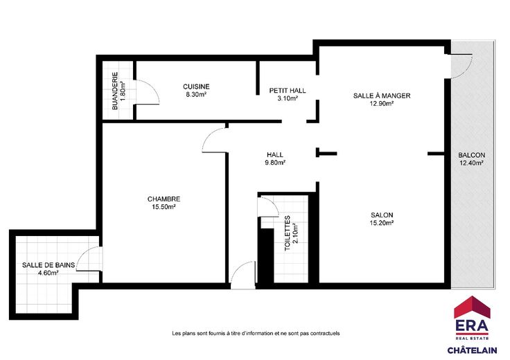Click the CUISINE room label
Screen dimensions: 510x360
pyautogui.click(x=196, y=87)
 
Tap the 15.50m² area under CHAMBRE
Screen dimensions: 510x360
pyautogui.click(x=164, y=206)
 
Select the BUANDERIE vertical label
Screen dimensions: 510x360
pyautogui.click(x=115, y=91)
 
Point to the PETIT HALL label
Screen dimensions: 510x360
pyautogui.click(x=288, y=90)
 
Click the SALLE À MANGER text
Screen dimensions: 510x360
pyautogui.click(x=382, y=96)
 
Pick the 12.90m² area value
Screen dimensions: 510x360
pyautogui.click(x=382, y=103)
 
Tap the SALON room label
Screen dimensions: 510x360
pyautogui.click(x=382, y=215)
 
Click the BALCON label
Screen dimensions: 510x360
pyautogui.click(x=472, y=155)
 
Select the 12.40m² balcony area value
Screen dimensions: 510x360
pyautogui.click(x=472, y=163)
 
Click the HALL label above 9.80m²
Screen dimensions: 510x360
pyautogui.click(x=275, y=154)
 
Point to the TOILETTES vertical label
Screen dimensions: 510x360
pyautogui.click(x=287, y=233)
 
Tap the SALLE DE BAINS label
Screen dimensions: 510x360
pyautogui.click(x=49, y=265)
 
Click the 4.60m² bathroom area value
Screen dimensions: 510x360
pyautogui.click(x=48, y=273)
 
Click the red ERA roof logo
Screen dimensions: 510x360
pyautogui.click(x=472, y=307)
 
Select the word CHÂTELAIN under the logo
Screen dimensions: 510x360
pyautogui.click(x=472, y=350)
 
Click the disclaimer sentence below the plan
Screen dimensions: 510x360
pyautogui.click(x=256, y=334)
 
